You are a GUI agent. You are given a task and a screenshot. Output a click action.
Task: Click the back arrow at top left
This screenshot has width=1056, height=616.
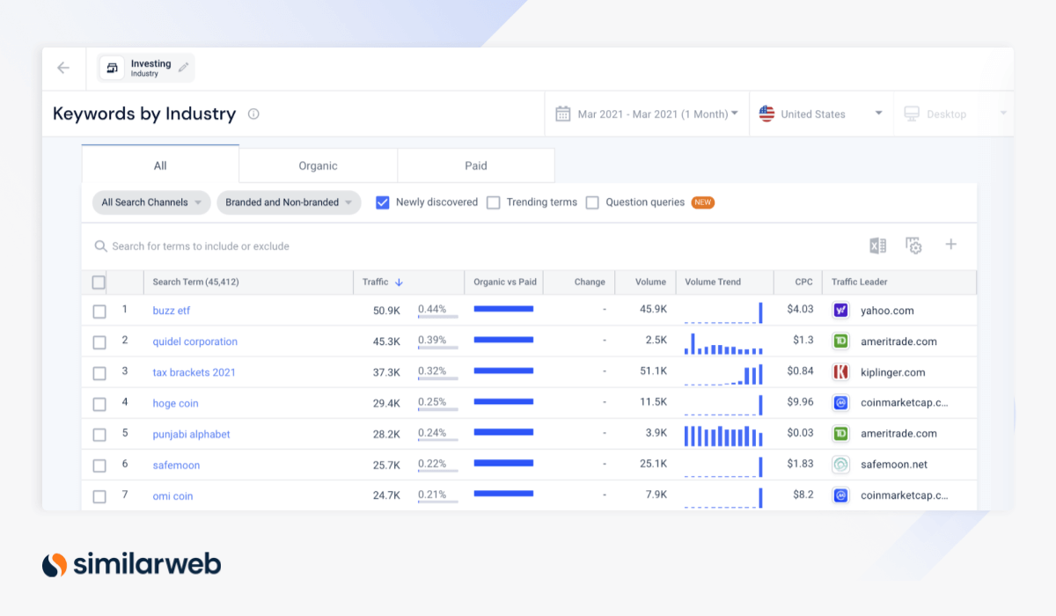63,68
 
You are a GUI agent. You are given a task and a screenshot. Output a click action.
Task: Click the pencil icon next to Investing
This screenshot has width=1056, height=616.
183,68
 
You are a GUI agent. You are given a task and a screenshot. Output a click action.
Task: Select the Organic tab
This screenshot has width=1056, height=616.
318,165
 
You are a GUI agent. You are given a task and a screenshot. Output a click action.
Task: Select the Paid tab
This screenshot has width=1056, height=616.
476,165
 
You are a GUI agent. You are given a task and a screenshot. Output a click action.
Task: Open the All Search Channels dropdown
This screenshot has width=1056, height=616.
151,202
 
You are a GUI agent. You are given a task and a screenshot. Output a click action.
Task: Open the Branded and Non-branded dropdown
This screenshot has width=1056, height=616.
289,202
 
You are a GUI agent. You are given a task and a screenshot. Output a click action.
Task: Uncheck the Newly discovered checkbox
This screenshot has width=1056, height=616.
383,202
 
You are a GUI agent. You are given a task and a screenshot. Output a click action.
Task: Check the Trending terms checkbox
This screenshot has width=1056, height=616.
494,202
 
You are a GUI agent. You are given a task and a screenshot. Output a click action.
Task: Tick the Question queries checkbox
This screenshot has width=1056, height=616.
592,202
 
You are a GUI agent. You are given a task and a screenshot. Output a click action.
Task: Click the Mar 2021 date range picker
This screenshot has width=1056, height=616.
647,114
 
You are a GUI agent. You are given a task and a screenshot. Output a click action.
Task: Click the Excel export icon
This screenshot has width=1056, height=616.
877,246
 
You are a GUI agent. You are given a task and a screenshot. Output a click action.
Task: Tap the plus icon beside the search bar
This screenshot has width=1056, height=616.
950,245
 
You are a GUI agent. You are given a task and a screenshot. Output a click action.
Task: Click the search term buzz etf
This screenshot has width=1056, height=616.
171,311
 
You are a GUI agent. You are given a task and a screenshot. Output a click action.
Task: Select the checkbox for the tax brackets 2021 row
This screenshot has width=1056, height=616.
99,373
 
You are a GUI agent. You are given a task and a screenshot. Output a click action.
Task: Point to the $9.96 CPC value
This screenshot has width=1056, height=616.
800,402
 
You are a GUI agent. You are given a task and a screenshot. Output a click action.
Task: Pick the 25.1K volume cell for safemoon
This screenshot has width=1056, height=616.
652,464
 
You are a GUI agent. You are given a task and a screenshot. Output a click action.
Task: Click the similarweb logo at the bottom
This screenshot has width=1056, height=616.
132,564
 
